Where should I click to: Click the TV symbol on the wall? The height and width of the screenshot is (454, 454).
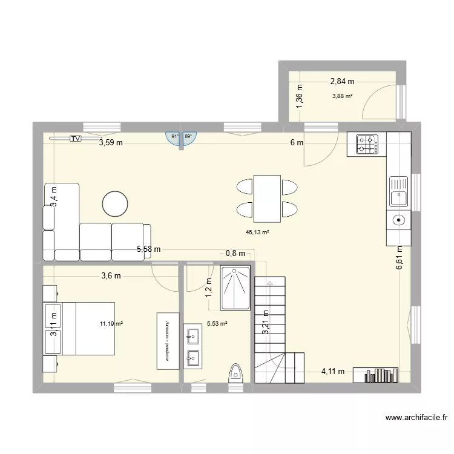pyautogui.click(x=75, y=139)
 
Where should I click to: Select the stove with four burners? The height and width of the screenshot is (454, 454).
pyautogui.click(x=366, y=144)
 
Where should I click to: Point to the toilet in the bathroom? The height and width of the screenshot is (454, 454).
pyautogui.click(x=236, y=373)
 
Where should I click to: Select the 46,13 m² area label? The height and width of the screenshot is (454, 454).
pyautogui.click(x=257, y=232)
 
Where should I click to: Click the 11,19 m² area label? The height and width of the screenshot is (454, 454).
pyautogui.click(x=111, y=324)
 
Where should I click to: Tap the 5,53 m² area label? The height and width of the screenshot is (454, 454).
pyautogui.click(x=217, y=324)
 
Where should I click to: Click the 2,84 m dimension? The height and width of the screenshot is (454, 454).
pyautogui.click(x=342, y=81)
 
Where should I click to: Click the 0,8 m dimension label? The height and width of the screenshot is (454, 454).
pyautogui.click(x=235, y=254)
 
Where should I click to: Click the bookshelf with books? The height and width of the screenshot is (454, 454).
pyautogui.click(x=375, y=375)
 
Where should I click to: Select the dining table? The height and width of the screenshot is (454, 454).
pyautogui.click(x=267, y=199)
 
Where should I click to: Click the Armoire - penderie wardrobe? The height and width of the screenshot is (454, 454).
pyautogui.click(x=168, y=340)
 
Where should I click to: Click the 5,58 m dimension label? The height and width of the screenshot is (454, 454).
pyautogui.click(x=149, y=249)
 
